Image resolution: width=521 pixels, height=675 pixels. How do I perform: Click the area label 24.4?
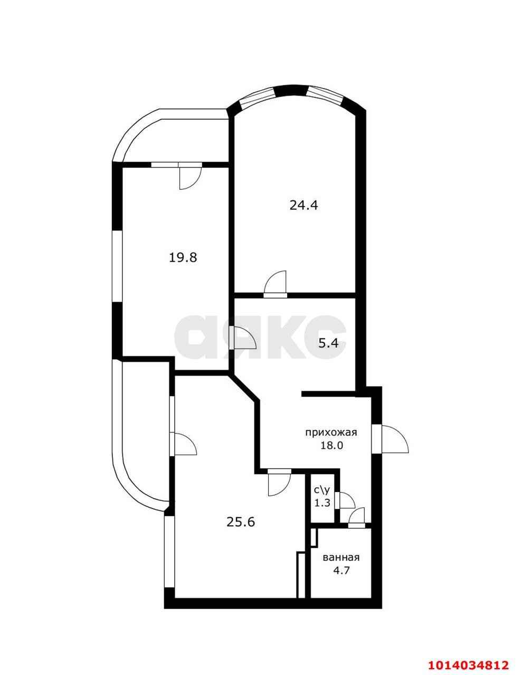[304, 205]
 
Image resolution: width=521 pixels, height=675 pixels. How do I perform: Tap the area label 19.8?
[183, 257]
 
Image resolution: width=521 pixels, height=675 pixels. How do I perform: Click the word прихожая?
[331, 432]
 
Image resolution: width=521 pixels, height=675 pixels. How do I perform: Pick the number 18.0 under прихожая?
[331, 445]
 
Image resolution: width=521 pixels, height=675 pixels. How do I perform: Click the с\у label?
[322, 491]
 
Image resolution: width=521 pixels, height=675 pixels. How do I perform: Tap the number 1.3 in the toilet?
[322, 503]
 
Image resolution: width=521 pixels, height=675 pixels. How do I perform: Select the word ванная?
[341, 557]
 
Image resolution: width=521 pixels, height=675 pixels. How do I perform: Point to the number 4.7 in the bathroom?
[341, 570]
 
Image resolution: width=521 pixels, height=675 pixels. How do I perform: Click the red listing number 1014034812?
[468, 664]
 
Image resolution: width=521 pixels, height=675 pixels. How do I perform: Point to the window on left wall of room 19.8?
[117, 266]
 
